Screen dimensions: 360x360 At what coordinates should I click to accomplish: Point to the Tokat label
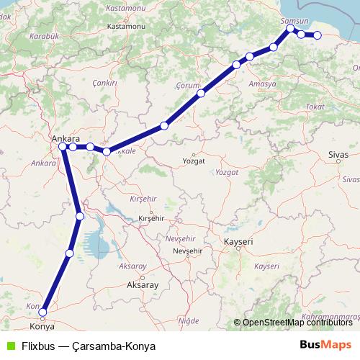(315, 107)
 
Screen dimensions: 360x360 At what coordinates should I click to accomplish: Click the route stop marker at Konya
(43, 312)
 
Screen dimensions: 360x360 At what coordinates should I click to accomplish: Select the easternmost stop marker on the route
(317, 35)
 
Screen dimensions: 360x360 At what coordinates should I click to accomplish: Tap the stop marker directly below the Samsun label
(290, 30)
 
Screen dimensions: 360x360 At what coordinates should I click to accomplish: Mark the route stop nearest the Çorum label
(201, 93)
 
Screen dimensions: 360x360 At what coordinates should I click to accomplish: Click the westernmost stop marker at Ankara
(63, 147)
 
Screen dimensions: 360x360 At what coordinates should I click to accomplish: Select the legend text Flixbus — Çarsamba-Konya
(88, 346)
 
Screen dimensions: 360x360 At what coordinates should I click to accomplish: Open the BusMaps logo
(325, 345)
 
